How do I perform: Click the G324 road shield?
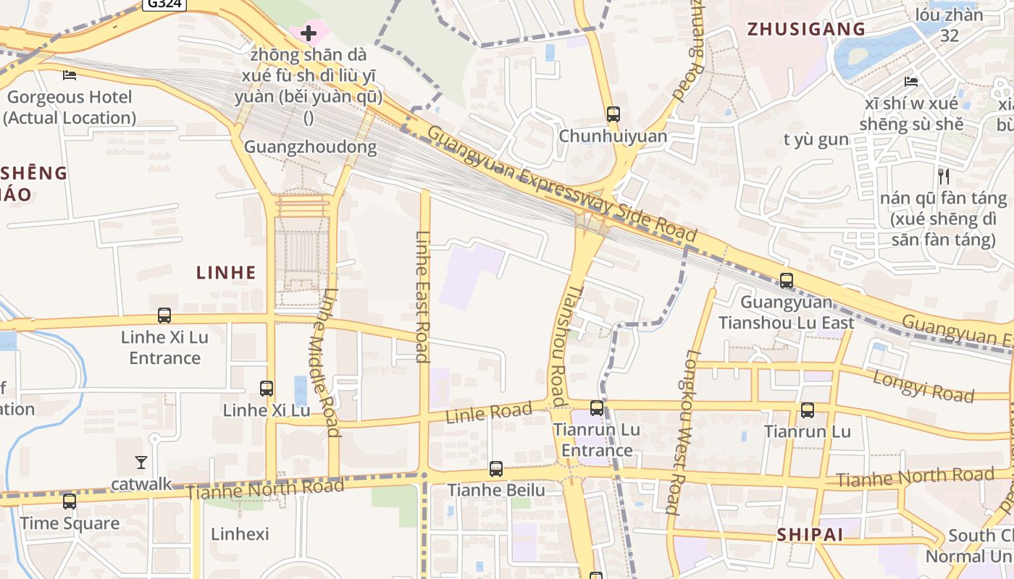(164, 4)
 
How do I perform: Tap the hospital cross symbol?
(309, 33)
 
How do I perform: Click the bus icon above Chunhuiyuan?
(613, 114)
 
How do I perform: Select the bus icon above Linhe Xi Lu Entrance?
(164, 316)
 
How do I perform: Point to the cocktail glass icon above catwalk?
(141, 462)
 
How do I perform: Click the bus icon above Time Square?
(70, 501)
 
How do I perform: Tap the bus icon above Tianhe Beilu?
(495, 469)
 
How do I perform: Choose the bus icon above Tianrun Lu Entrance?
(597, 408)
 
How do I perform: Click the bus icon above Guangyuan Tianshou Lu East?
(787, 281)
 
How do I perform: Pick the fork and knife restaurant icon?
(943, 176)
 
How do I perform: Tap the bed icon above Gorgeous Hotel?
(70, 75)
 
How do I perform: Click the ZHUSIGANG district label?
(806, 29)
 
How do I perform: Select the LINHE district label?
(226, 272)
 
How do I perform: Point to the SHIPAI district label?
(810, 534)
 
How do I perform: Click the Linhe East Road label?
(424, 296)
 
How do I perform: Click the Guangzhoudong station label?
(310, 147)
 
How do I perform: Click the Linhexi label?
(240, 534)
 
